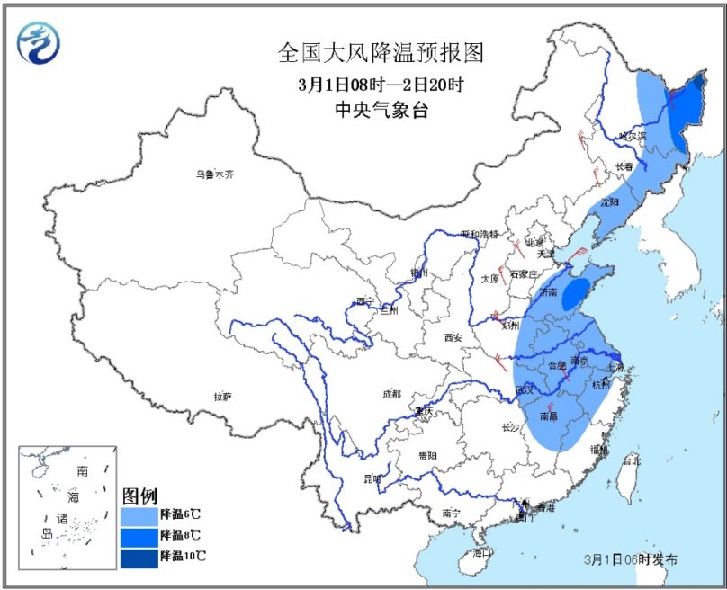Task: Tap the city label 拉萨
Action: coord(223,396)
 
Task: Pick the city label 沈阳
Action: coord(610,202)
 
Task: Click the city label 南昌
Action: coord(552,416)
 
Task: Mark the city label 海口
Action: coord(483,553)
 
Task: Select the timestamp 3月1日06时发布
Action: coord(630,559)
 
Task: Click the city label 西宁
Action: coord(364,301)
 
